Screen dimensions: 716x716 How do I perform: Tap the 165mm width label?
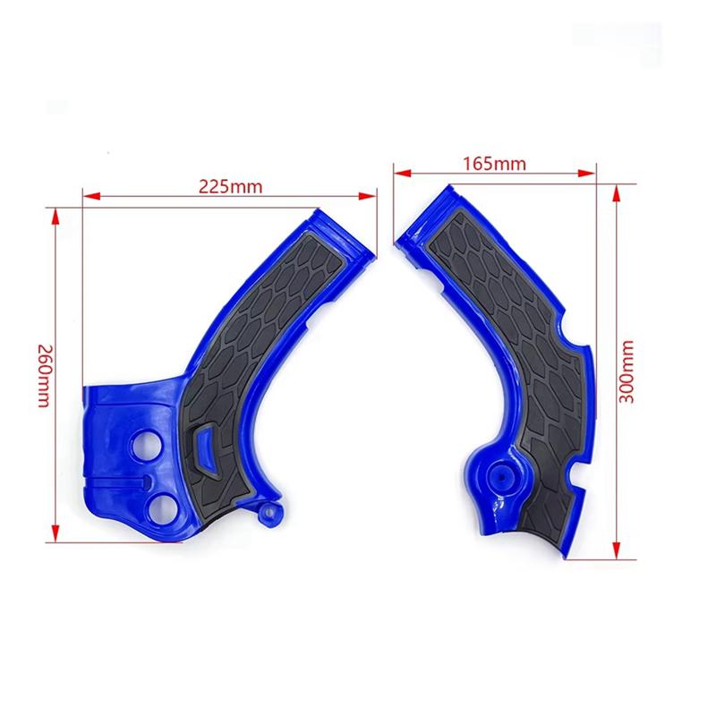(x=495, y=163)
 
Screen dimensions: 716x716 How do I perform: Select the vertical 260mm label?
(x=41, y=375)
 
